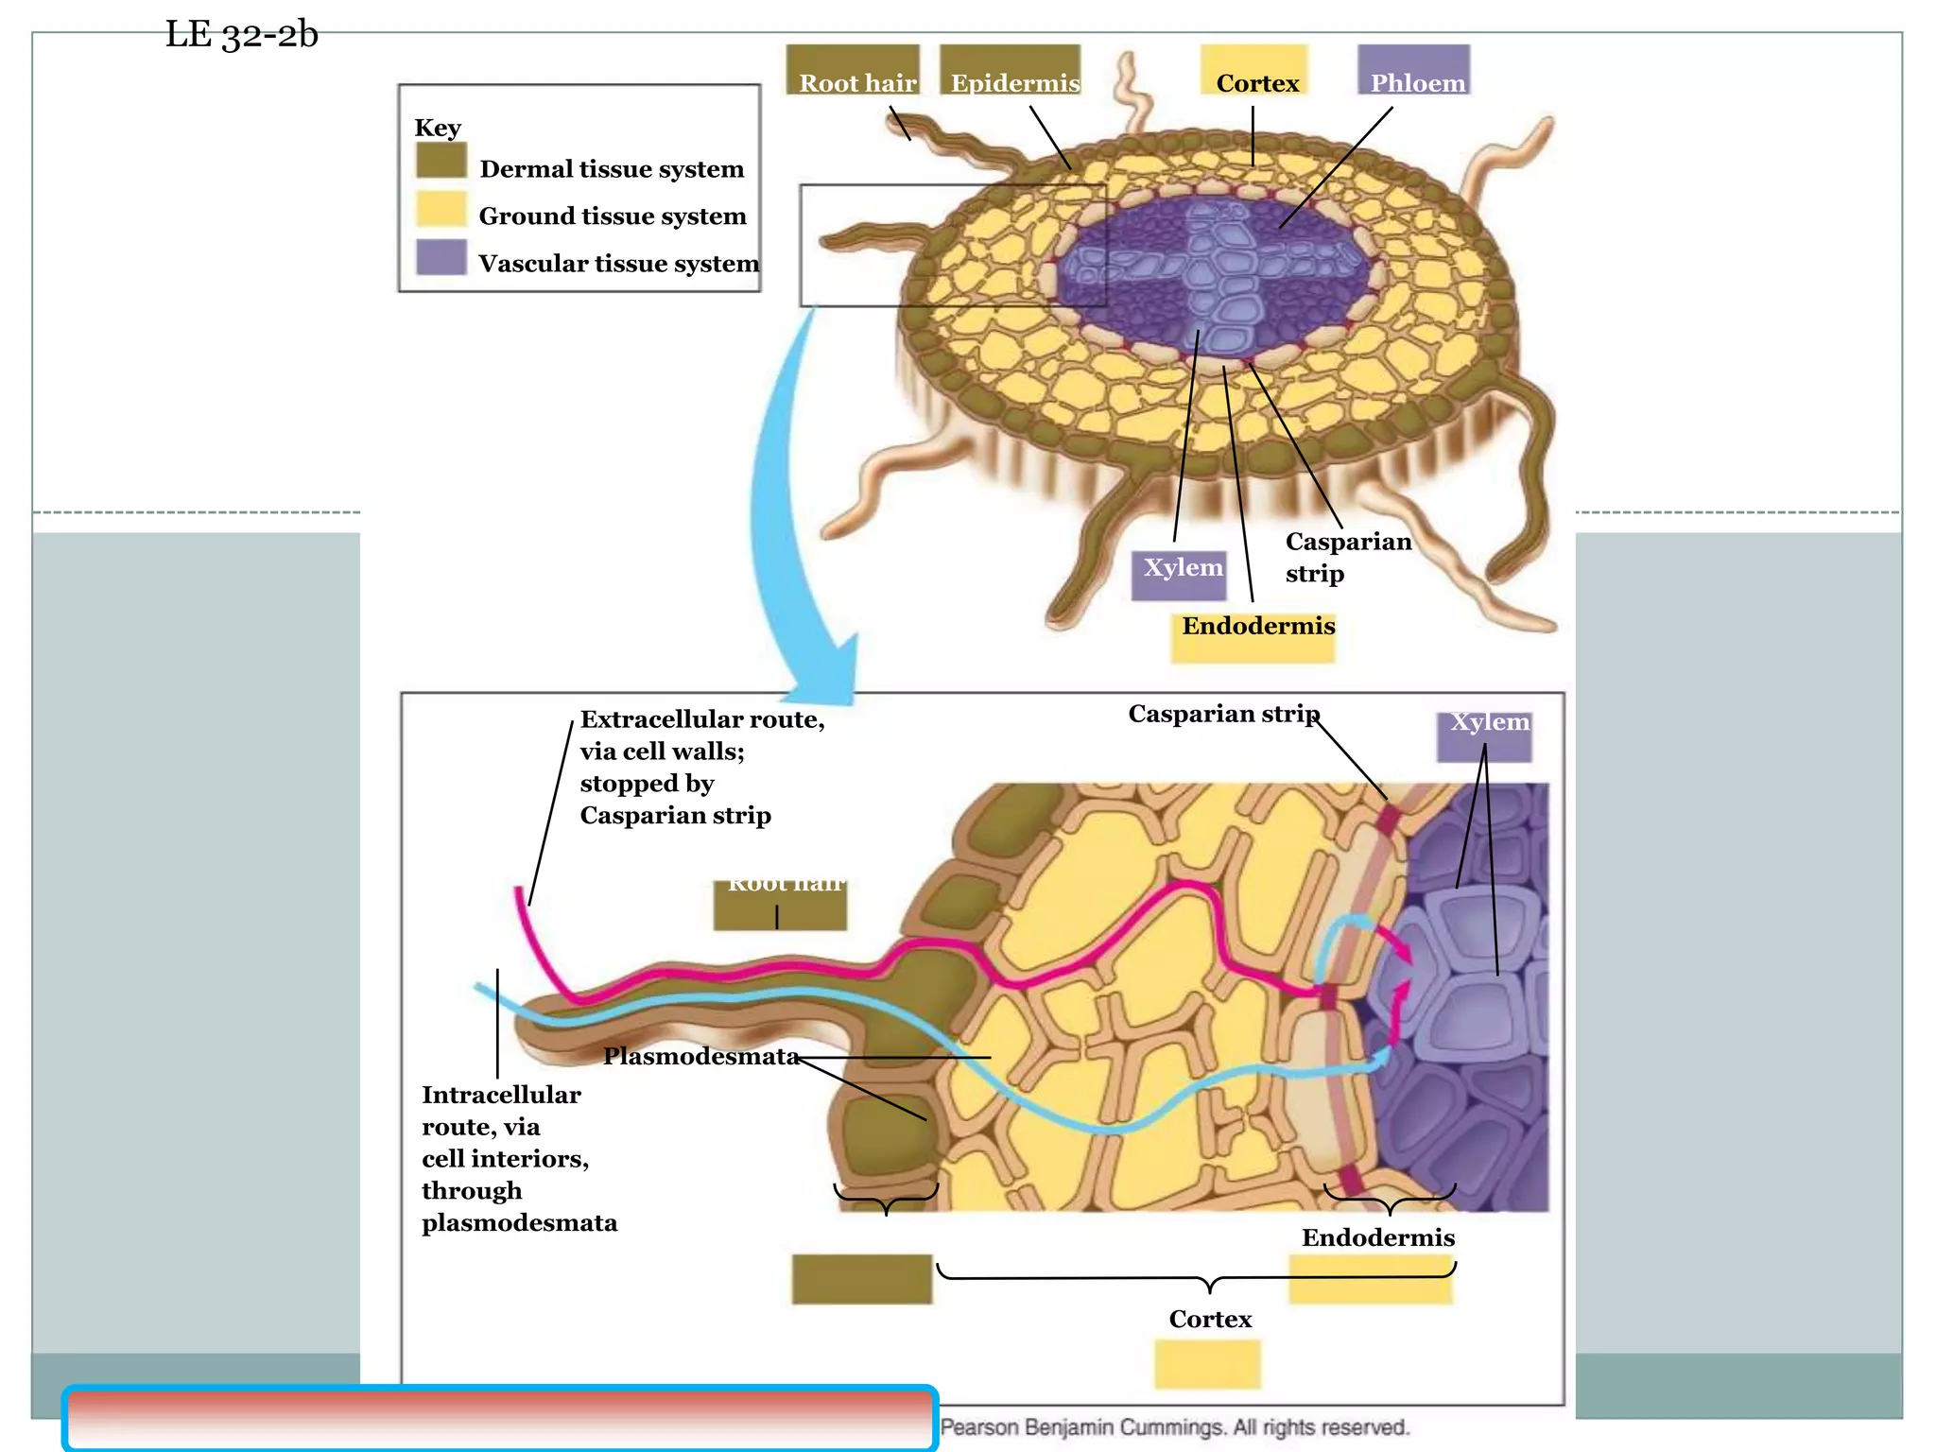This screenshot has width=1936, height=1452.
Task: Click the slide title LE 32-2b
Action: coord(241,35)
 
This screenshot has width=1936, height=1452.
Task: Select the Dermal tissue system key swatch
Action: coord(441,161)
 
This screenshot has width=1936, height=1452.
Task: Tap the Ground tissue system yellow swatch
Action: coord(441,209)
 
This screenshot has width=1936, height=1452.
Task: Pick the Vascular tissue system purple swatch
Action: coord(441,257)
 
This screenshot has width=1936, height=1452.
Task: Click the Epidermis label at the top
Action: coord(1013,82)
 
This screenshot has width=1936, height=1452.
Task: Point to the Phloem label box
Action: coord(1415,76)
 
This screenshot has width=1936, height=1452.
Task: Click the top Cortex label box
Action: coord(1255,76)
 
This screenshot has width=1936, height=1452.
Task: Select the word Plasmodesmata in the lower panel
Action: coord(700,1056)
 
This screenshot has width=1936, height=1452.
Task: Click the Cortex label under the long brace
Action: coord(1209,1319)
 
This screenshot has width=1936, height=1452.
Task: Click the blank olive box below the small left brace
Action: coord(861,1279)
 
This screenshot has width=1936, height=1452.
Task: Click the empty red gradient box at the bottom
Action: coord(500,1418)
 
